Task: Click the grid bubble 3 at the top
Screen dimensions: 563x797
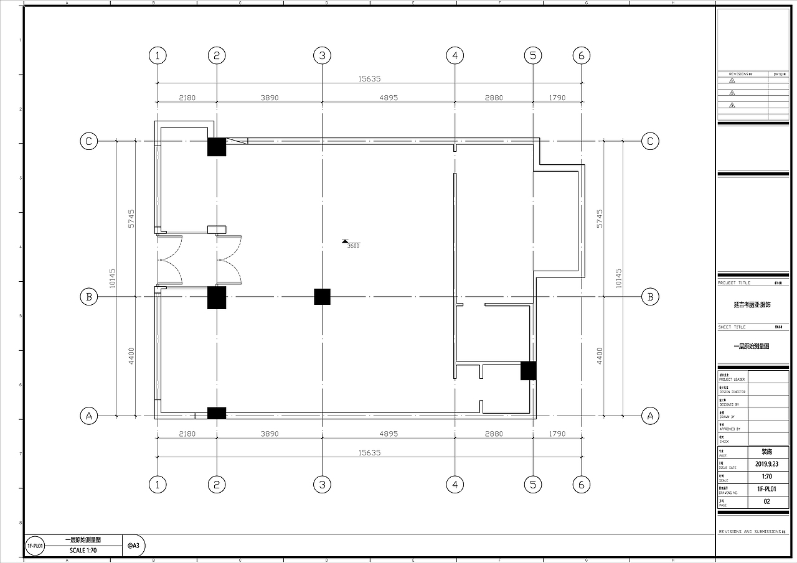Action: click(322, 55)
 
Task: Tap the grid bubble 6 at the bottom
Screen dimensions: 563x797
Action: click(581, 485)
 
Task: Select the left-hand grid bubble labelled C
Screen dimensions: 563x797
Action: click(89, 141)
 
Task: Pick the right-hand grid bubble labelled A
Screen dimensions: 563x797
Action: click(650, 416)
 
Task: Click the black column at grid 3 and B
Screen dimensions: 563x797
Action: click(322, 297)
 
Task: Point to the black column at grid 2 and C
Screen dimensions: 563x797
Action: click(217, 147)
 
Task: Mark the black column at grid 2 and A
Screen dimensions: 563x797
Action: click(217, 412)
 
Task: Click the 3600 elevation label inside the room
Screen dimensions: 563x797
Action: click(352, 246)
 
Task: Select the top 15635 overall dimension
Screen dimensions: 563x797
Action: click(369, 79)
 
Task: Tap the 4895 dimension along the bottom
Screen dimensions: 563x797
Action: click(388, 434)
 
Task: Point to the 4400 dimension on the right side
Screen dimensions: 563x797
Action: click(600, 356)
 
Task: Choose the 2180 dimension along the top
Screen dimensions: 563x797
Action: click(187, 98)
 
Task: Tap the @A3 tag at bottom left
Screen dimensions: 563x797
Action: click(133, 545)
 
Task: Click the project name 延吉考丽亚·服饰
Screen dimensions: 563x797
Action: click(752, 305)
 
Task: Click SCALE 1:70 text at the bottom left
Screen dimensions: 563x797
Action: click(83, 550)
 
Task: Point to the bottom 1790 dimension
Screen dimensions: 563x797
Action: click(557, 434)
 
